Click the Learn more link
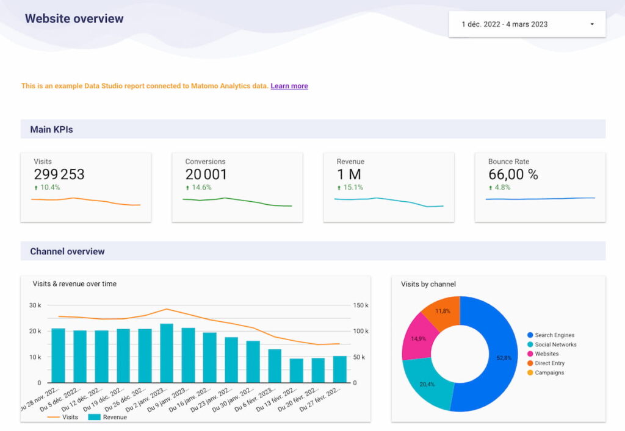coord(289,86)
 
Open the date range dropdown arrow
coord(591,24)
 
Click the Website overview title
coord(74,18)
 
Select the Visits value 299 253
coord(59,174)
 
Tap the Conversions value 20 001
coord(206,174)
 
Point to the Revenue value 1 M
coord(349,174)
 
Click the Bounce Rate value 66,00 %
coord(513,174)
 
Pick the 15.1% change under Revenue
coord(352,187)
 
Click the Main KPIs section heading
coord(52,129)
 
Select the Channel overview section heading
coord(67,251)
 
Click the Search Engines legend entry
coord(554,335)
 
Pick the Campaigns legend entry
coord(549,372)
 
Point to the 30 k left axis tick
coord(35,305)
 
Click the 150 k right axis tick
coord(362,305)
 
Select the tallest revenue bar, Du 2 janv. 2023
coord(167,354)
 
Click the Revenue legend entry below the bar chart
coord(114,417)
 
